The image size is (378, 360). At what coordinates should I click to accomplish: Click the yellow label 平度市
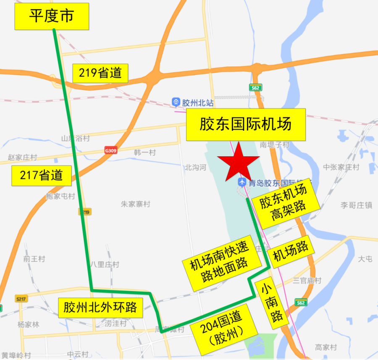[52, 16]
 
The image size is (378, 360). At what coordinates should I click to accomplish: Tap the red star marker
[238, 162]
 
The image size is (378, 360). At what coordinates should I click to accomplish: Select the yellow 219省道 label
[100, 73]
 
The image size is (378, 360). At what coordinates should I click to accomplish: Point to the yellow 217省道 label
[41, 175]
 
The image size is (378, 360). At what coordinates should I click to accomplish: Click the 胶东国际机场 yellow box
[245, 125]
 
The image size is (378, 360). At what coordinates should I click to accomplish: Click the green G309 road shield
[110, 150]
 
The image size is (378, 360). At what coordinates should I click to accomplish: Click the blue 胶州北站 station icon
[176, 102]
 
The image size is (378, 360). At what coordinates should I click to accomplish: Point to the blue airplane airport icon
[242, 182]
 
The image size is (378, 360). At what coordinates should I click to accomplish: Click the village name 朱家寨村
[135, 204]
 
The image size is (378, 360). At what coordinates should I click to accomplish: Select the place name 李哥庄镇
[356, 205]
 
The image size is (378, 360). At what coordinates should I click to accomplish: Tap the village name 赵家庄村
[22, 157]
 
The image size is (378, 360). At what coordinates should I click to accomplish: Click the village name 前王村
[34, 259]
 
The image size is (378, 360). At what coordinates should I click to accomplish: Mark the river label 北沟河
[196, 168]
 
